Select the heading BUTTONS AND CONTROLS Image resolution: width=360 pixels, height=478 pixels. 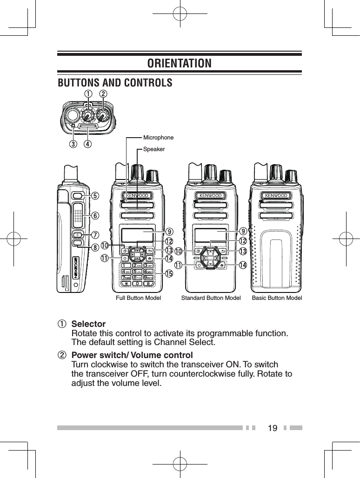click(x=114, y=83)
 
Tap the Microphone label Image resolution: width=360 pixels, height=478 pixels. click(x=158, y=138)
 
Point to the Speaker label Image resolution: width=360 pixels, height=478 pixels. click(x=153, y=149)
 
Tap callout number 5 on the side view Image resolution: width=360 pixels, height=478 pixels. click(x=95, y=196)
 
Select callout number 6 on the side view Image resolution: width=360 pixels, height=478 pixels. click(x=95, y=215)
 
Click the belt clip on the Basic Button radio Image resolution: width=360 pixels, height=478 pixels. click(x=276, y=260)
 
